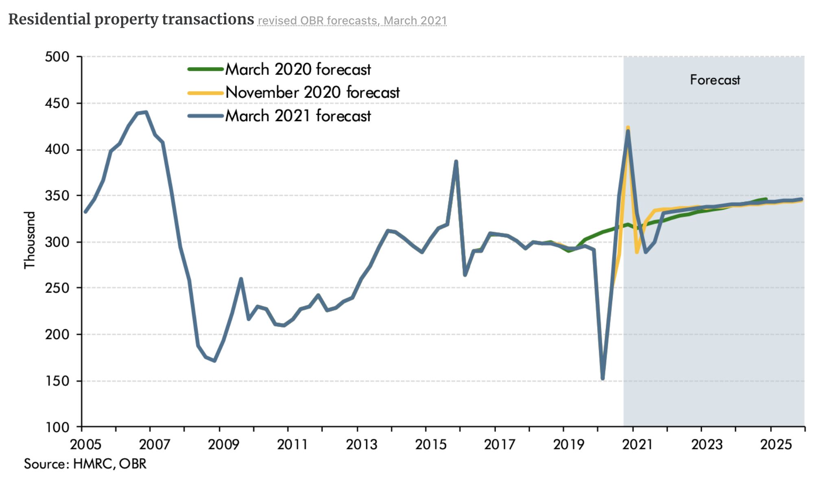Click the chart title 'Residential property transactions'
click(131, 20)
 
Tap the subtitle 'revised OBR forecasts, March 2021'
click(352, 21)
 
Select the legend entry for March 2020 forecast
click(298, 70)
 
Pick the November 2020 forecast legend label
click(312, 92)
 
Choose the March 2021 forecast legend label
click(298, 116)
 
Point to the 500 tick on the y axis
click(57, 57)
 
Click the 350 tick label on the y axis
click(57, 196)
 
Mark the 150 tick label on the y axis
click(57, 381)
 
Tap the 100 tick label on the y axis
click(57, 427)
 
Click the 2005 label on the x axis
click(85, 444)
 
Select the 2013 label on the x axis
click(361, 444)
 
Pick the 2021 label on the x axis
click(637, 444)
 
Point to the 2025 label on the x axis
click(775, 444)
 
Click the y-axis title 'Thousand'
click(30, 240)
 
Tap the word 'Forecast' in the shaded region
click(715, 80)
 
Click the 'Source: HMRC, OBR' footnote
click(85, 464)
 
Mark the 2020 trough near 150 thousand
click(603, 378)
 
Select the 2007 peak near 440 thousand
click(146, 112)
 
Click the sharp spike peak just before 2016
click(456, 162)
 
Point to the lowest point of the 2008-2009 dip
click(214, 361)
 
